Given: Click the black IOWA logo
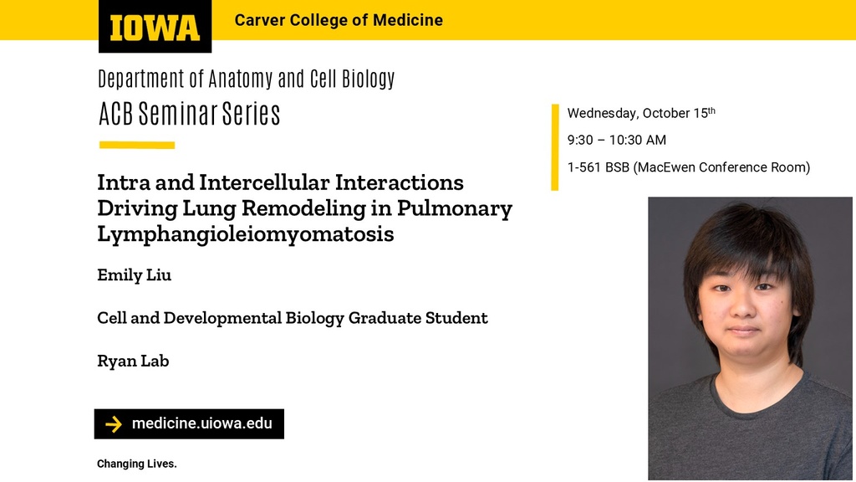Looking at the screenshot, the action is [155, 26].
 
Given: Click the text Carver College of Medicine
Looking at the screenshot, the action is [339, 20].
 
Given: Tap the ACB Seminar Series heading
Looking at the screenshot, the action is [190, 114].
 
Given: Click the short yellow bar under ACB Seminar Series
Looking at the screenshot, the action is [137, 146].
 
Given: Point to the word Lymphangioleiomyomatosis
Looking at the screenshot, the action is [246, 234].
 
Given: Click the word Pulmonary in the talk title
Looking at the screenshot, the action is [455, 208].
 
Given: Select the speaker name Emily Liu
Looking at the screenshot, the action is [135, 274].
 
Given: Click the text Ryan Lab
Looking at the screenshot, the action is [133, 361].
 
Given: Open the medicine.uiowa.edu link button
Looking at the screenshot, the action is [189, 424].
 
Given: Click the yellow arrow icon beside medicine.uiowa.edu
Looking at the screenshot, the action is [114, 424].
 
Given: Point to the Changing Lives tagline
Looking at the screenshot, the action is [137, 464].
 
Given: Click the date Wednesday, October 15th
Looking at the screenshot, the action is [641, 113].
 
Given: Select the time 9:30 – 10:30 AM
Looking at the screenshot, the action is [617, 140].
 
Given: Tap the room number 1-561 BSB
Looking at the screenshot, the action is [599, 167].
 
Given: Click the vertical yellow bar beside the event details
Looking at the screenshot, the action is [555, 147].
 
